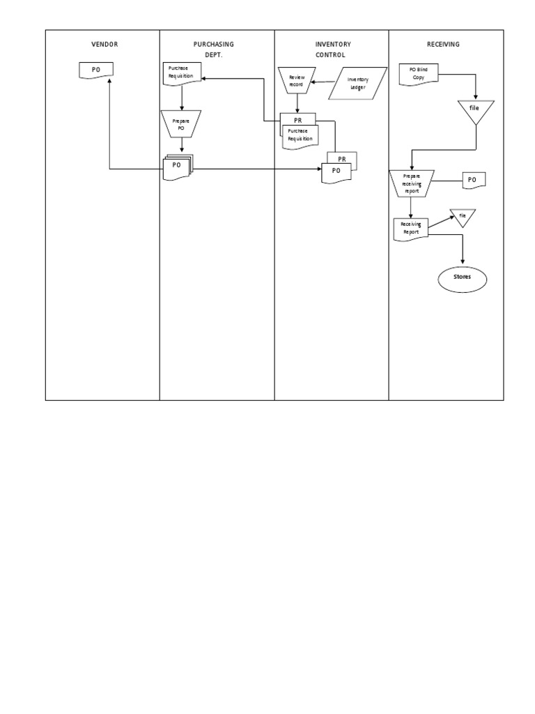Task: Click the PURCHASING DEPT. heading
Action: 215,49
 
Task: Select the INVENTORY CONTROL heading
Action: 330,49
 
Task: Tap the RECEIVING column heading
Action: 443,44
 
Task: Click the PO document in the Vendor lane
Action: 96,70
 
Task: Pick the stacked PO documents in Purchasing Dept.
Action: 178,167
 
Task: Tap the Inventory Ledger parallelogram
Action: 357,83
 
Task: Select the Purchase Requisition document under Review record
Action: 300,135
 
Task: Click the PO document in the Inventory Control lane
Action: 336,172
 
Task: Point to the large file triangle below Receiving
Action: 476,110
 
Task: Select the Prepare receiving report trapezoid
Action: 412,183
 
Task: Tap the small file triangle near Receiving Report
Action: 461,217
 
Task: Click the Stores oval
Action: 463,277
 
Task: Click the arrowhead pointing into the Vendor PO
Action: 109,82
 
